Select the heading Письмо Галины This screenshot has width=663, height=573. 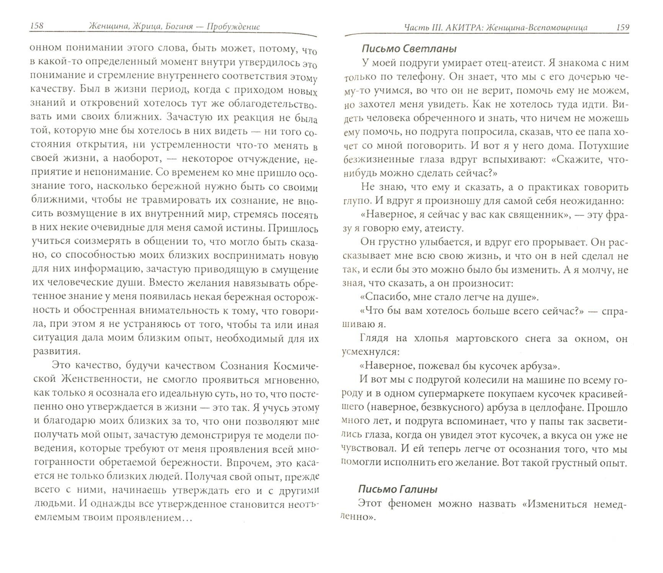pyautogui.click(x=398, y=489)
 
